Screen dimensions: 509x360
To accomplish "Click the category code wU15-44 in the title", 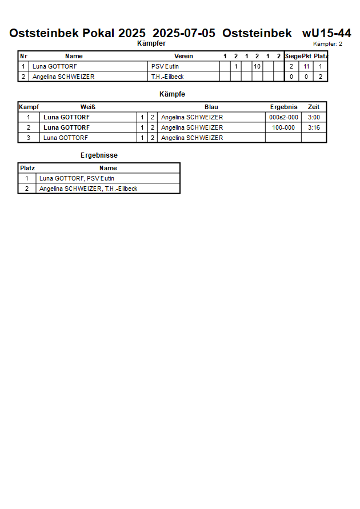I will click(x=326, y=33).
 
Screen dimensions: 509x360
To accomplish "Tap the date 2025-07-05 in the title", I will click(x=184, y=33).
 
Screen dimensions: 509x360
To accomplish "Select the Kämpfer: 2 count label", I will click(x=327, y=44).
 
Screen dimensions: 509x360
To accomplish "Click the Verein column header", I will click(x=183, y=56).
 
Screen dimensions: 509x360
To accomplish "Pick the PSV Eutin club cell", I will click(x=165, y=66).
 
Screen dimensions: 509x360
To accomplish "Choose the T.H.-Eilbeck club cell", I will click(x=167, y=77).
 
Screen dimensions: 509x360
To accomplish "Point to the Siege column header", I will click(x=293, y=56).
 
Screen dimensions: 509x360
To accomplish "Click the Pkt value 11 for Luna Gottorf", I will click(x=306, y=66).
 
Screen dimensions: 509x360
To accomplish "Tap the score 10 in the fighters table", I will click(x=257, y=66).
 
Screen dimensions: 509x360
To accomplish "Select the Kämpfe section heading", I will click(x=172, y=94).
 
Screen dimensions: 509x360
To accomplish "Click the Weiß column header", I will click(x=87, y=107).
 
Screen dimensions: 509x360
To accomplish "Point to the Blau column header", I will click(x=211, y=107).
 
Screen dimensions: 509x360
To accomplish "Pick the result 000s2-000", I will click(x=283, y=117).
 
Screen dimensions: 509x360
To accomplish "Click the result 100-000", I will click(x=283, y=127).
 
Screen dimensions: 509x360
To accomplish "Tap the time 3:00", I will click(x=314, y=117).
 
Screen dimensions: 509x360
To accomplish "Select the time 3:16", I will click(x=314, y=127).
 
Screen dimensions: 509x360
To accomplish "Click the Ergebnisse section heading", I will click(x=99, y=155).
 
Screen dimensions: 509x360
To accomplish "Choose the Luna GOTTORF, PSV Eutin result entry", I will click(x=77, y=178).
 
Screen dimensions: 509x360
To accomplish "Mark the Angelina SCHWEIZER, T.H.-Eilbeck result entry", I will click(x=88, y=189).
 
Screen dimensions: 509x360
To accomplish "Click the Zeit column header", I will click(x=314, y=107).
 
